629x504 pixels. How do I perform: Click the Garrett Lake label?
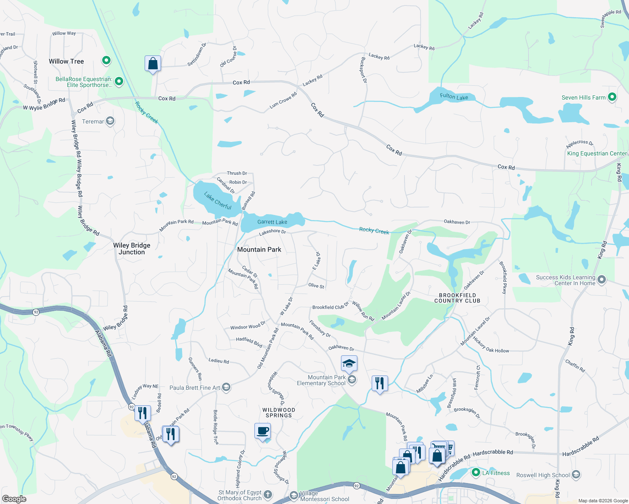coord(272,222)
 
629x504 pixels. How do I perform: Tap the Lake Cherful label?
coord(218,201)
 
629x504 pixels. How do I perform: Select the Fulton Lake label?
coord(454,97)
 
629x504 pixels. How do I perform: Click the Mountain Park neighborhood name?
coord(259,249)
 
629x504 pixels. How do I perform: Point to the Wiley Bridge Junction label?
coord(132,249)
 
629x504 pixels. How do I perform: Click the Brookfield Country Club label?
coord(457,298)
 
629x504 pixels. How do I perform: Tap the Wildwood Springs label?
coord(279,412)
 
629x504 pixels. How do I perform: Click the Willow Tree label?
coord(66,61)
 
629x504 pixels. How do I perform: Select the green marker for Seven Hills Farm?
coord(612,97)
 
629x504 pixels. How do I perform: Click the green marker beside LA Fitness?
coord(476,472)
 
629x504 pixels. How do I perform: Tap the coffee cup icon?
coord(263,431)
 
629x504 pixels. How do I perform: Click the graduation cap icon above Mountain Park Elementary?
coord(349,363)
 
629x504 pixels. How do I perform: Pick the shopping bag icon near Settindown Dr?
coord(153,64)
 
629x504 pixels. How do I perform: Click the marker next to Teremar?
coord(110,121)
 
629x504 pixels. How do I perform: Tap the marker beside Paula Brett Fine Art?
coord(226,387)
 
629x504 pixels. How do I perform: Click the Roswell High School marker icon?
coord(576,475)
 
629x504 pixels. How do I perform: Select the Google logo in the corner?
coord(14,499)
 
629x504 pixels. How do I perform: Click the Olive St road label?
coord(316,286)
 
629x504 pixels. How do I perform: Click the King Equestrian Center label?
coord(597,153)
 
